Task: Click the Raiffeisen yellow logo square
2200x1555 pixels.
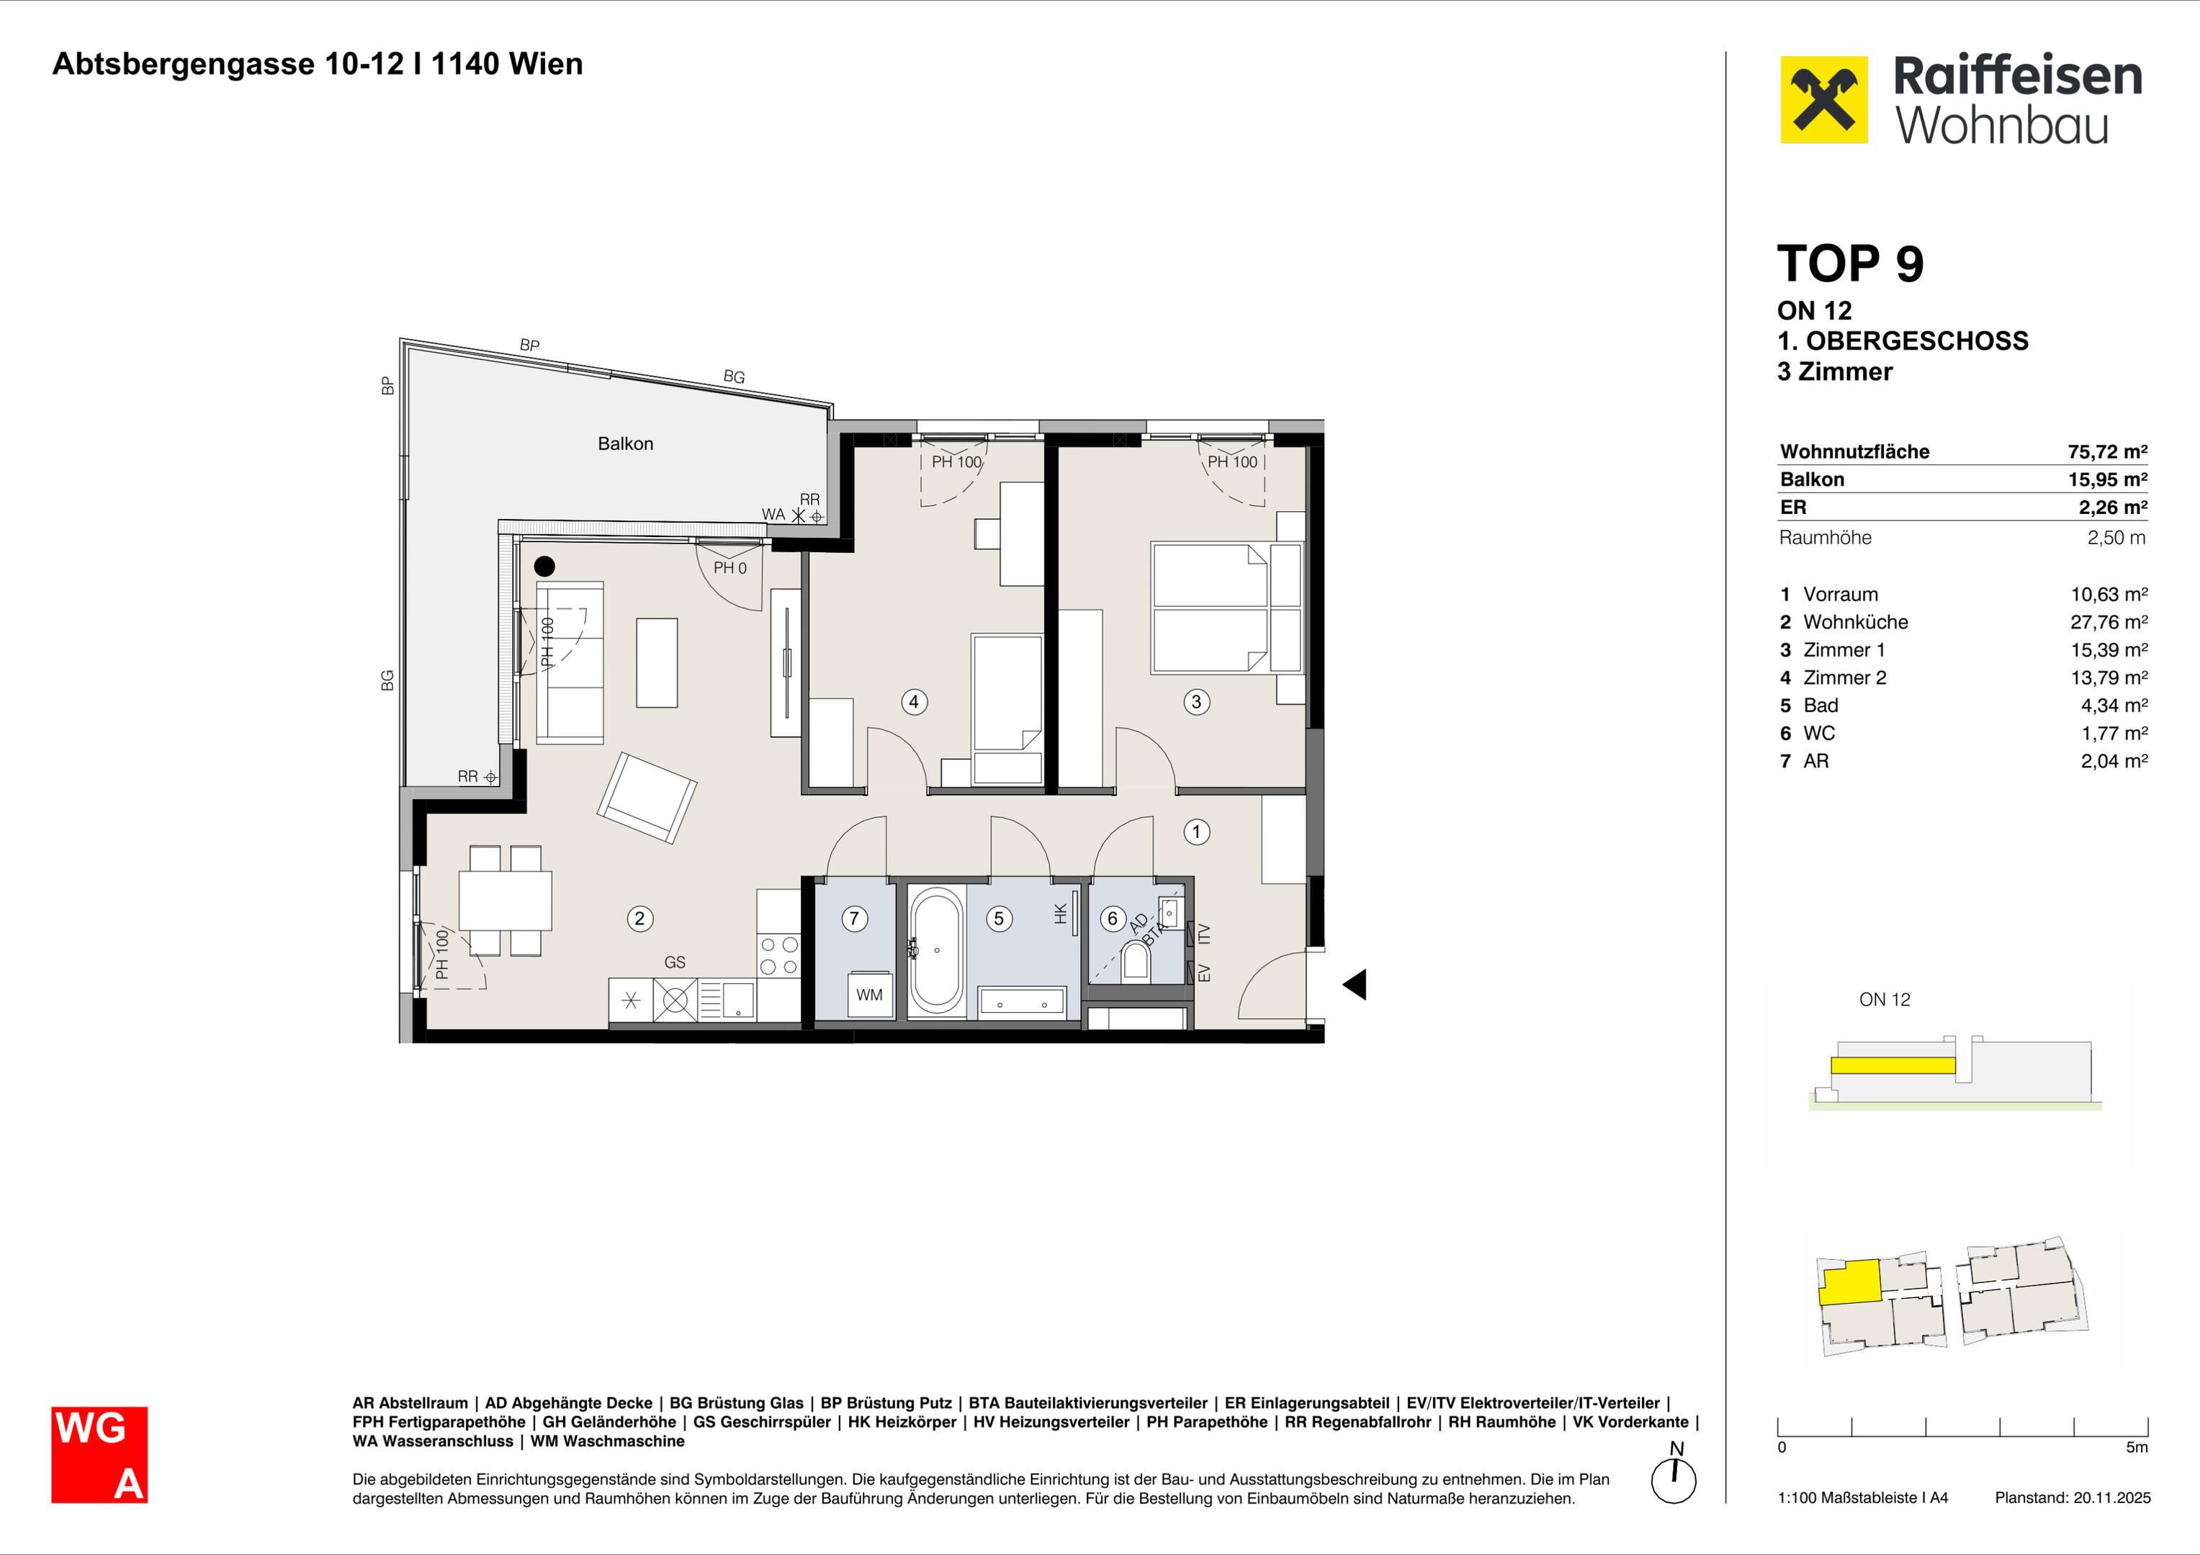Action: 1823,99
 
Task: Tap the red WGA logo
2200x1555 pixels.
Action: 99,1454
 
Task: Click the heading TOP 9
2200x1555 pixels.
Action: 1849,263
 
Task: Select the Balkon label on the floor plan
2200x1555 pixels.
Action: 626,443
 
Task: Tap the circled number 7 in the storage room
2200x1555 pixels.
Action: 855,919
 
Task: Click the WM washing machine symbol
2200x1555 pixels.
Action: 870,994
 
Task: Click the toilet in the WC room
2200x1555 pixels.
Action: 1136,960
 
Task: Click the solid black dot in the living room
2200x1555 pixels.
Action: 544,567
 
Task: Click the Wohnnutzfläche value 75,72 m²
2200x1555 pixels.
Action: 2107,451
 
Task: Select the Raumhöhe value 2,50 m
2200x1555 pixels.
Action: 2116,538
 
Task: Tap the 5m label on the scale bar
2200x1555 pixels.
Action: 2137,1448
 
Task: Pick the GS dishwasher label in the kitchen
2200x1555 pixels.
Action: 675,962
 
